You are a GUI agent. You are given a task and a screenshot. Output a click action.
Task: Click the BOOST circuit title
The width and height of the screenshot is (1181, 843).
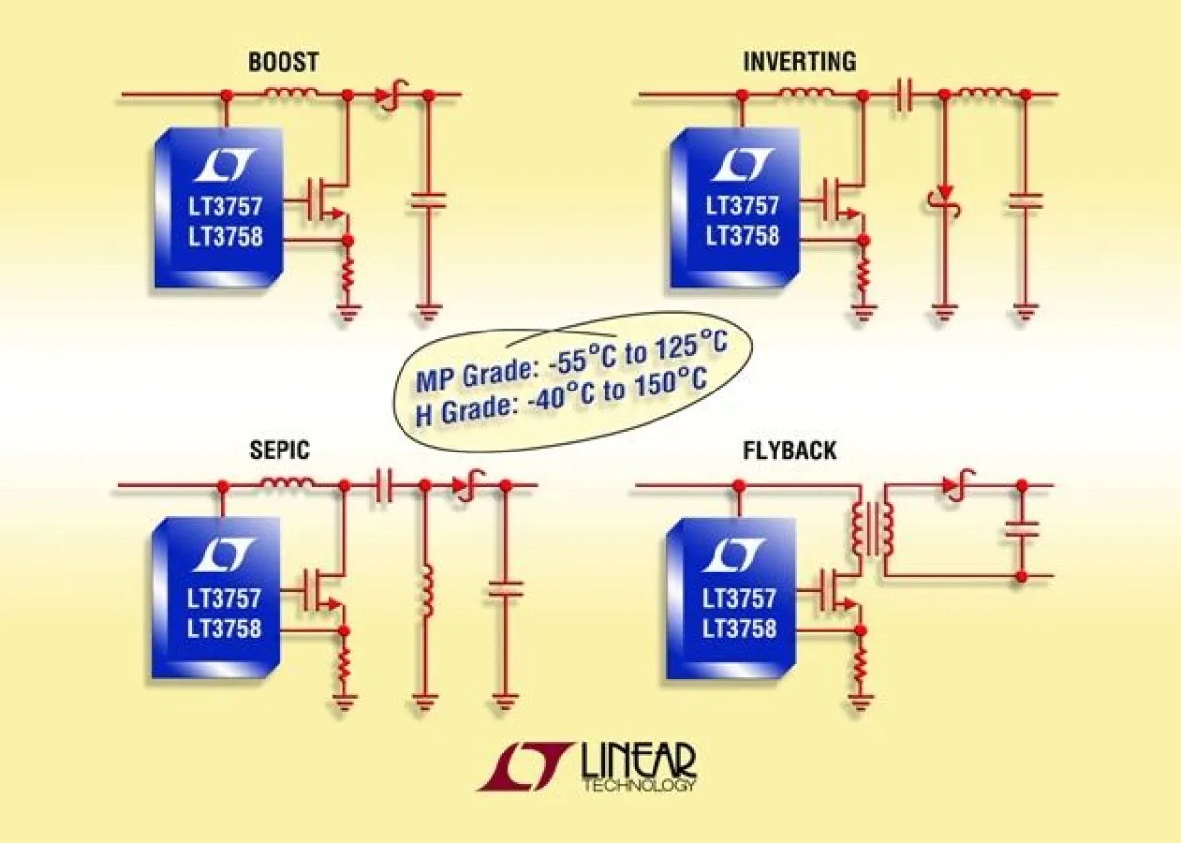283,62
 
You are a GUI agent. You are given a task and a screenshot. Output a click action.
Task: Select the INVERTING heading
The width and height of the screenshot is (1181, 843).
800,62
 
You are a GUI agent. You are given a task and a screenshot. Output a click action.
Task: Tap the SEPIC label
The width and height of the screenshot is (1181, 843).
280,451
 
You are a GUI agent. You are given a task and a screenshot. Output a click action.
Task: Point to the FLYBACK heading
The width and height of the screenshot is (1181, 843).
789,451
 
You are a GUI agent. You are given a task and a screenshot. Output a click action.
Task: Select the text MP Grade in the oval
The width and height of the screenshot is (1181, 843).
475,375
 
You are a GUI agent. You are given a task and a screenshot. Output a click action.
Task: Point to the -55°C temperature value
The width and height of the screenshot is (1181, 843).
580,362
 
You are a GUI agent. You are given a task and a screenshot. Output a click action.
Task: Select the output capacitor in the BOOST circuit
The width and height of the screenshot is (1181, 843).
429,201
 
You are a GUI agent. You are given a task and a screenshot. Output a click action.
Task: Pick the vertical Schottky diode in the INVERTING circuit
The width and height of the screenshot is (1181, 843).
944,203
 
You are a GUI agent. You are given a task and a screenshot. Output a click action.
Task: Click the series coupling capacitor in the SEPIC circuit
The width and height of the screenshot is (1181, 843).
381,486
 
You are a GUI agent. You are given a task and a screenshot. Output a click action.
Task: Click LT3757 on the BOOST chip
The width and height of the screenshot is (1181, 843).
225,206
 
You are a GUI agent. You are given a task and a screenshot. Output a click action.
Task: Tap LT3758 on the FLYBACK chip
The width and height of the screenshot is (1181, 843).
739,629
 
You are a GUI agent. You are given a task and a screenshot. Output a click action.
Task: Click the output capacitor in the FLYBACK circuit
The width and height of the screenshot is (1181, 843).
1022,529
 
